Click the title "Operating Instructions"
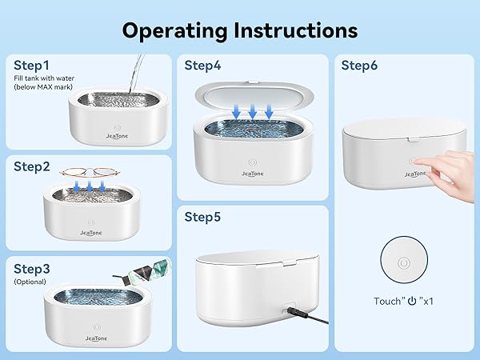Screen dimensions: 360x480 click(240, 30)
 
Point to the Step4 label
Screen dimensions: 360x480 click(203, 66)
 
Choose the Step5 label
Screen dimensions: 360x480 click(203, 217)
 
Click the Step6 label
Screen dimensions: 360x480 click(360, 66)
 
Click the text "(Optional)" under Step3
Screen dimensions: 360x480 click(30, 282)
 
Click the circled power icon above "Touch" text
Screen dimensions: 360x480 click(404, 263)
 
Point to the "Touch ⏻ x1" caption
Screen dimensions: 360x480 click(404, 302)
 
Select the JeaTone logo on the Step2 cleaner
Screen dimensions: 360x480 click(91, 232)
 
